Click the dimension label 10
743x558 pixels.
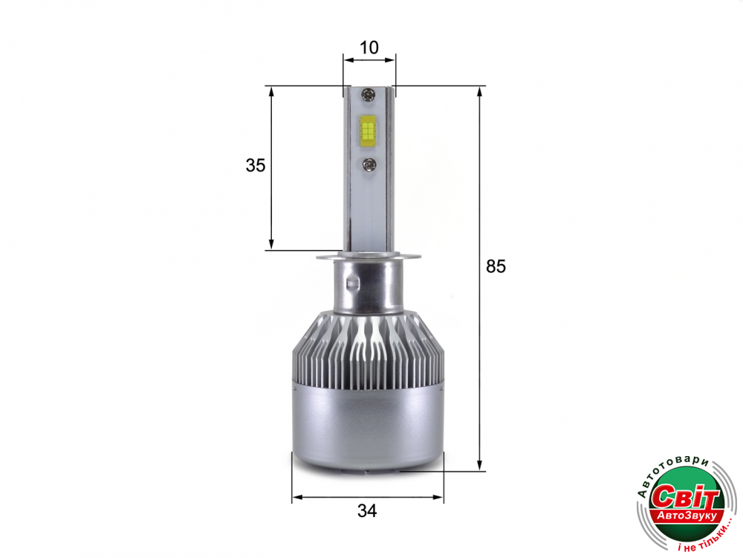pos(369,48)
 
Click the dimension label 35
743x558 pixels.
pos(256,165)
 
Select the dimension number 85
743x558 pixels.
pos(496,266)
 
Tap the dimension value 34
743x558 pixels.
pos(367,511)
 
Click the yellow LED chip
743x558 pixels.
pos(367,129)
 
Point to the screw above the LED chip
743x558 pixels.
pos(368,95)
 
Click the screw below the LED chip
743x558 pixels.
pos(369,164)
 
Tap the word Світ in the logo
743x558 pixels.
pos(685,497)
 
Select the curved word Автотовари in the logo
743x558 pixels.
pos(670,472)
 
